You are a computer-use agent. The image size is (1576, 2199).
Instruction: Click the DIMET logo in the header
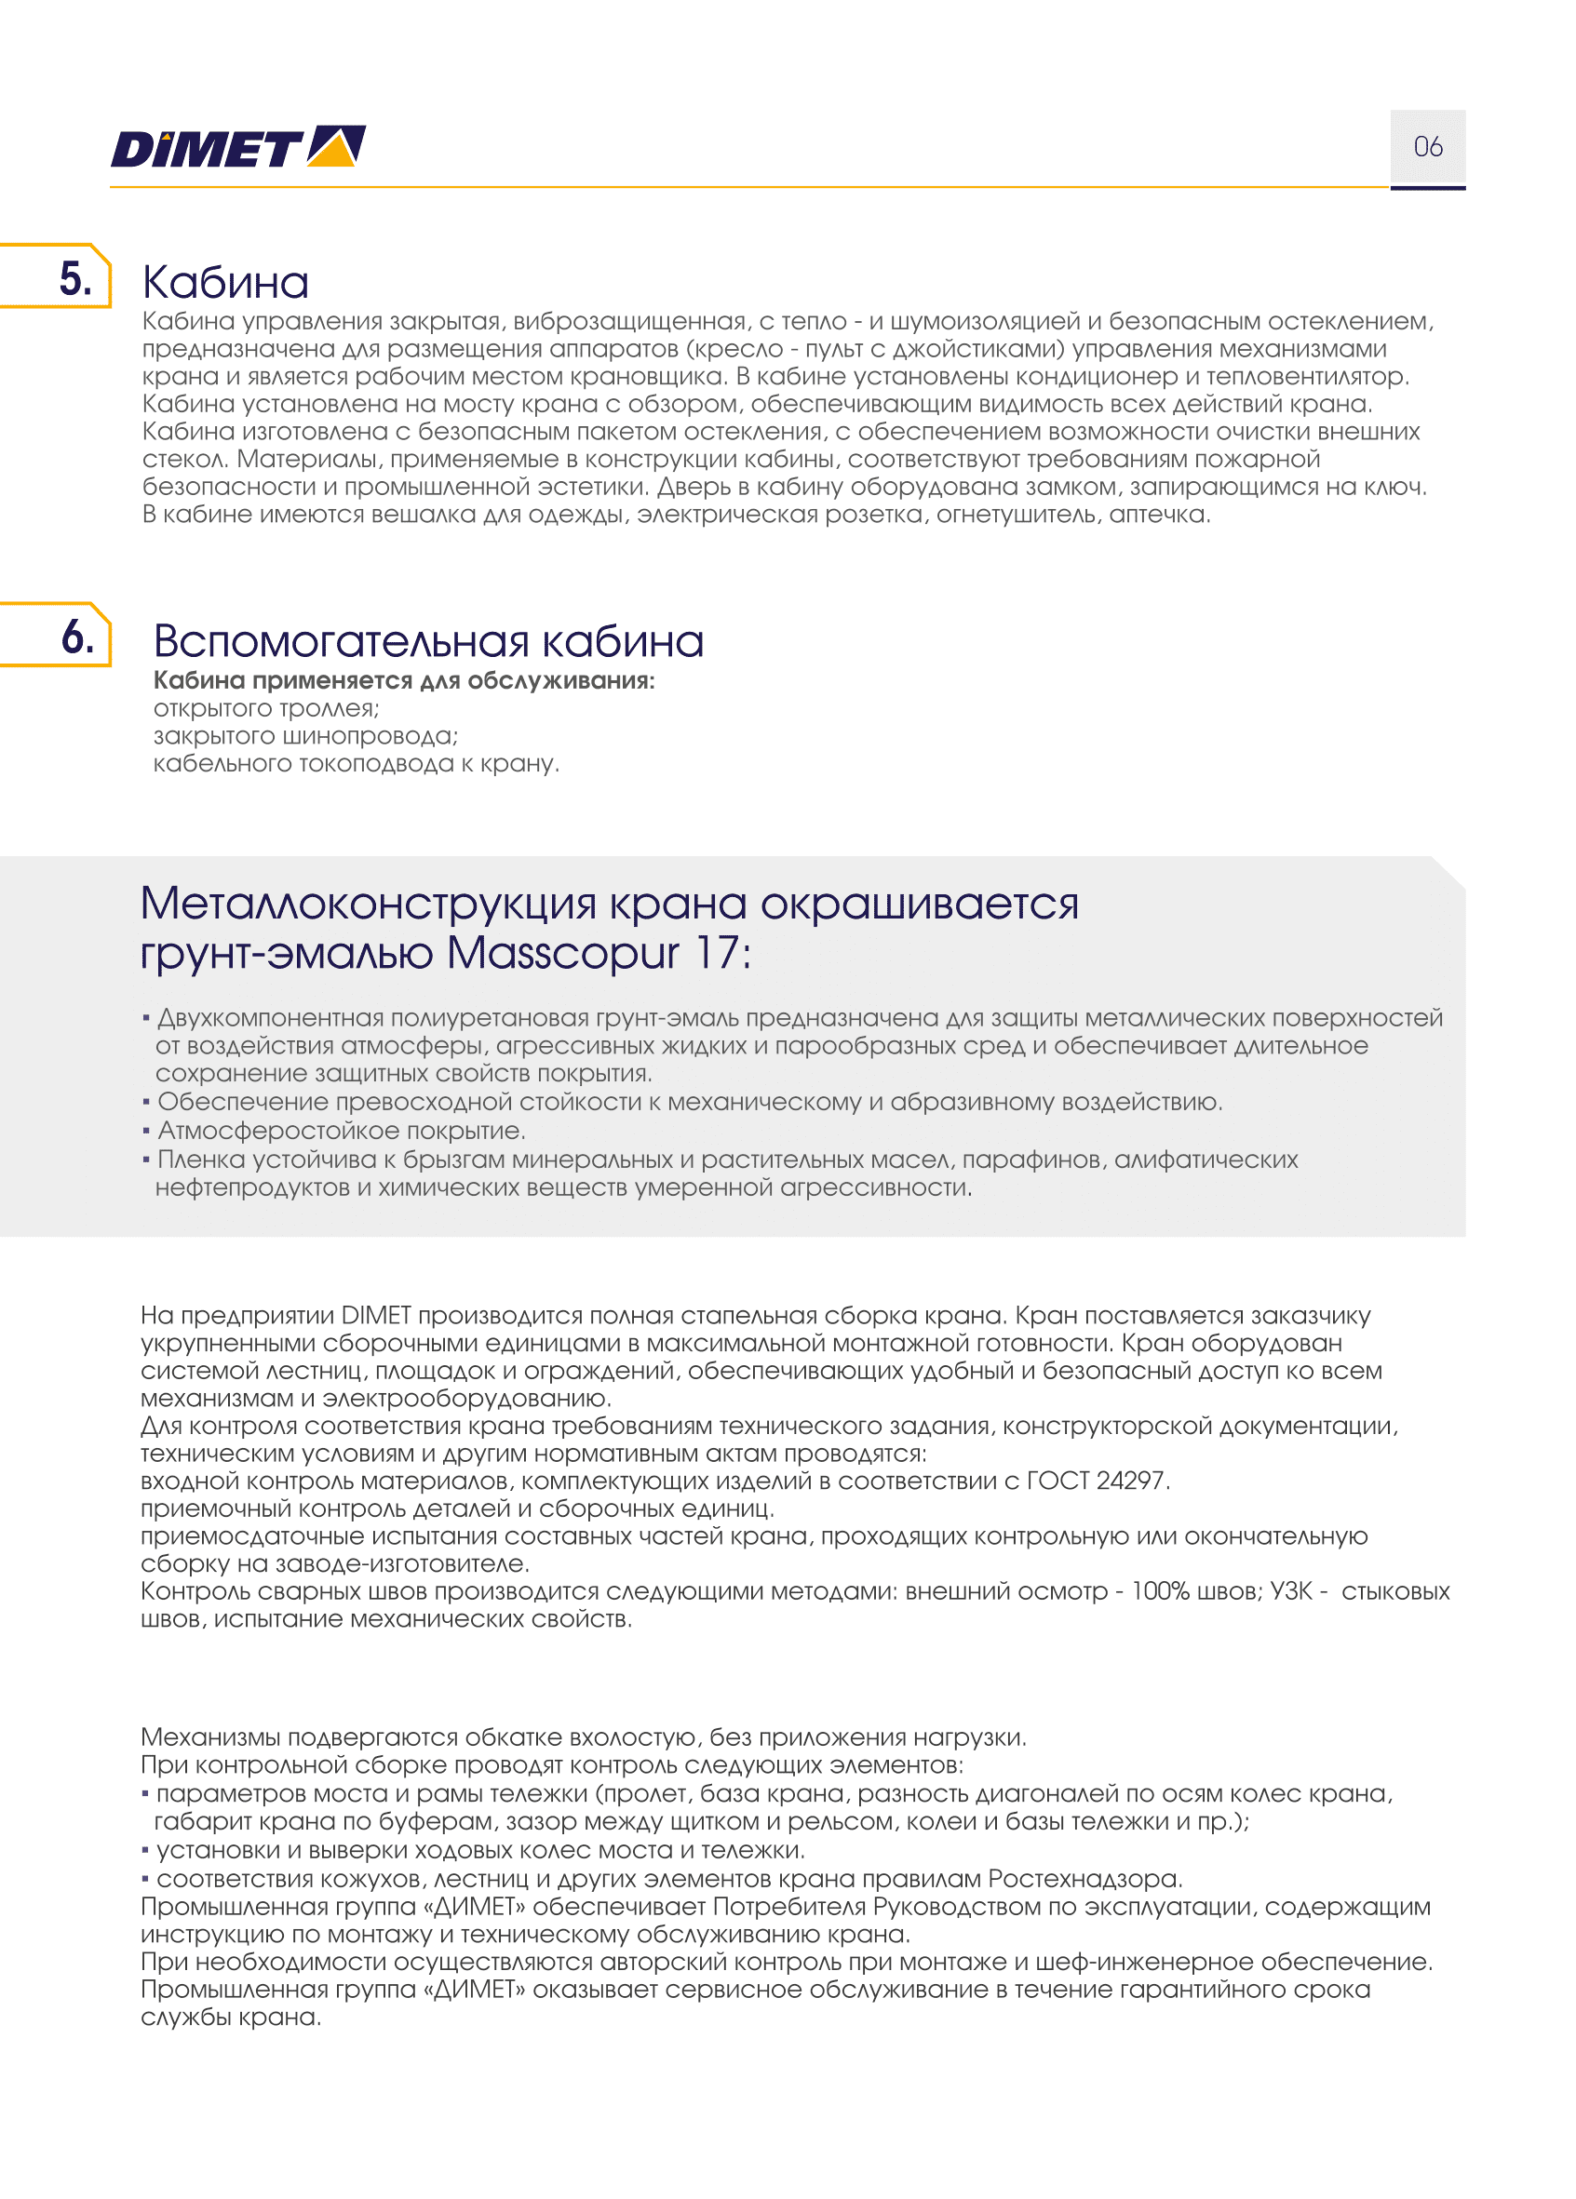tap(237, 147)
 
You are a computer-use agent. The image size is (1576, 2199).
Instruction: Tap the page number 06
tap(1427, 147)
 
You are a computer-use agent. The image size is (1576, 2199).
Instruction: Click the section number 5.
tap(75, 279)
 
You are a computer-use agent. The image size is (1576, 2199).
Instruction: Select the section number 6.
tap(77, 637)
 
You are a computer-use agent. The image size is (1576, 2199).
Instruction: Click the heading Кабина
tap(225, 283)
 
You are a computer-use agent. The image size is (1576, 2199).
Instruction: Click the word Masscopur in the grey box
tap(561, 953)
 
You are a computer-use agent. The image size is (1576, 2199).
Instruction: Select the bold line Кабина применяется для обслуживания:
tap(403, 680)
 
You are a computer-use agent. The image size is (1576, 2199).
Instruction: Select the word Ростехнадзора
tap(1084, 1878)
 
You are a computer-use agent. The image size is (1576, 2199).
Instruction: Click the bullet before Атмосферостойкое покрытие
tap(146, 1131)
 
